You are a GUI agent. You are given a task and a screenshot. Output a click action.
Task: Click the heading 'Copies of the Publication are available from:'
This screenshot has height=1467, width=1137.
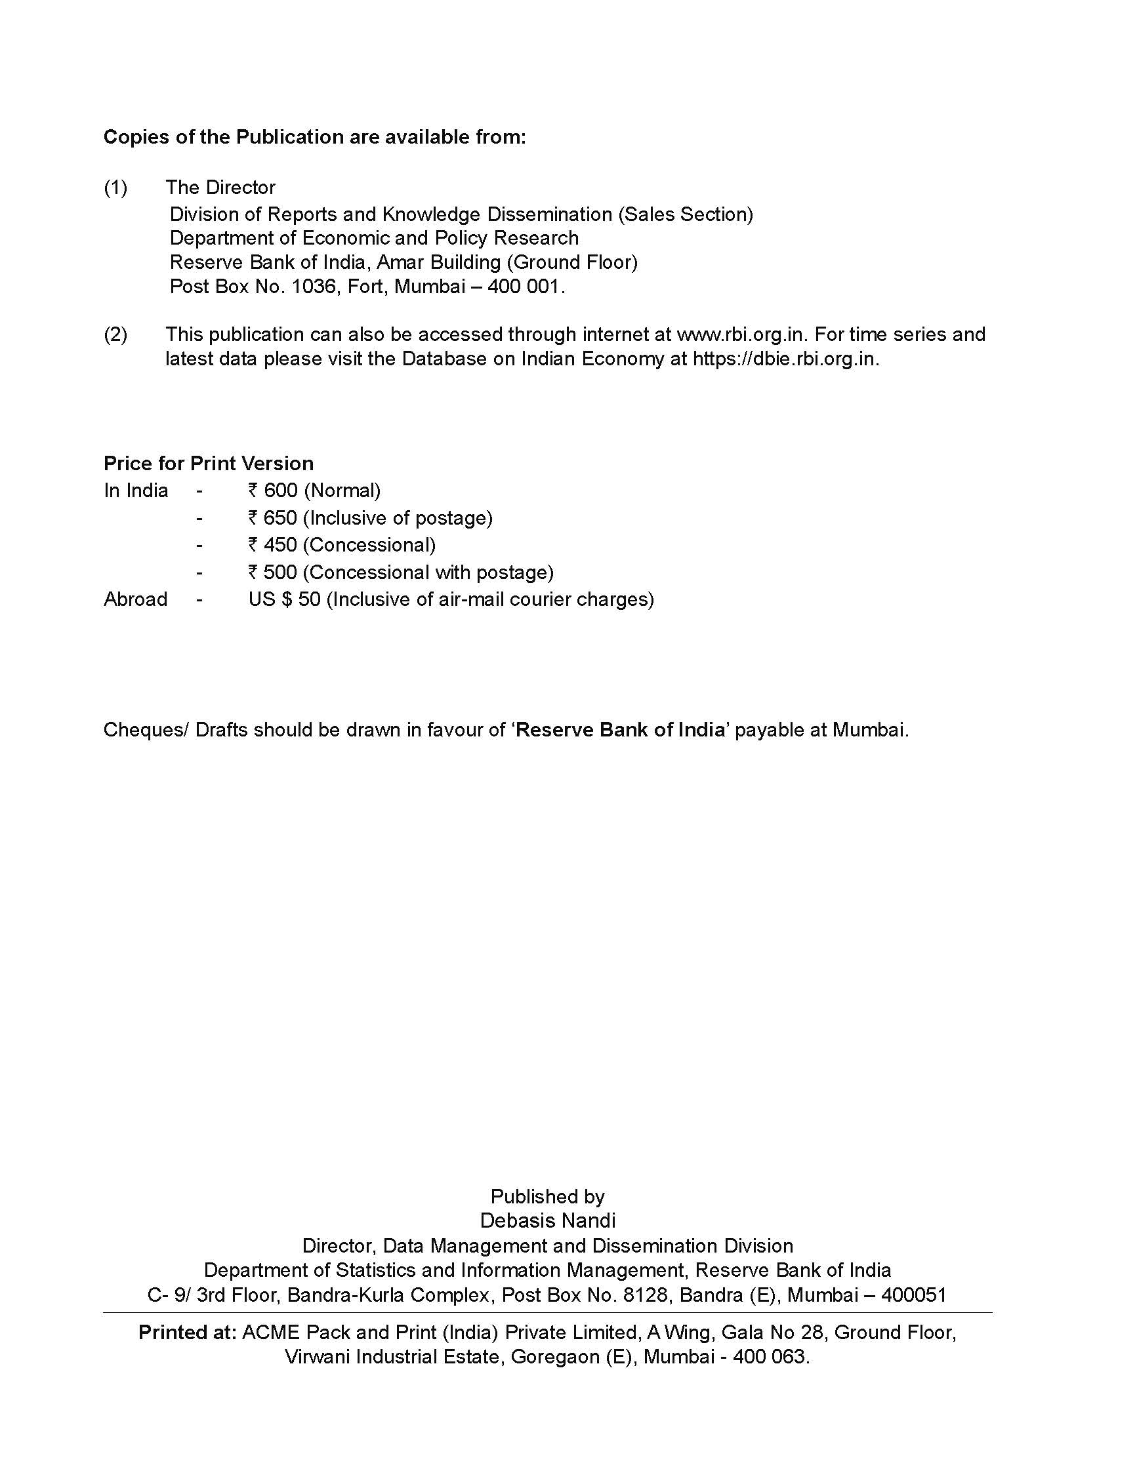coord(314,137)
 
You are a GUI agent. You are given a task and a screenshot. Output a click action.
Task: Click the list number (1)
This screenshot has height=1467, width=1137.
coord(115,188)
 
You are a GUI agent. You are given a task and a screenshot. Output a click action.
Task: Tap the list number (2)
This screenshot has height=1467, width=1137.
coord(115,334)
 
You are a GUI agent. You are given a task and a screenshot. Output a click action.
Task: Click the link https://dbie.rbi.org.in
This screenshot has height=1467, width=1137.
coord(785,359)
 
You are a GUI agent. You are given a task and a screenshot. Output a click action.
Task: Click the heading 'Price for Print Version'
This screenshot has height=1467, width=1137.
coord(209,464)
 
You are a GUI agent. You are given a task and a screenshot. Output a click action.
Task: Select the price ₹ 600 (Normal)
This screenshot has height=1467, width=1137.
coord(314,491)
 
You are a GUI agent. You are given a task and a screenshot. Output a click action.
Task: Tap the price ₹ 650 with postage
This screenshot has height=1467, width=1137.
coord(369,518)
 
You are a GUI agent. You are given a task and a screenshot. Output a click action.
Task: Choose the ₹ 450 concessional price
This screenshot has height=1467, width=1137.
coord(341,545)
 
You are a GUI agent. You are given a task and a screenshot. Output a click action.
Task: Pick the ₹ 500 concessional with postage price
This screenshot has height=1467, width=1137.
coord(400,573)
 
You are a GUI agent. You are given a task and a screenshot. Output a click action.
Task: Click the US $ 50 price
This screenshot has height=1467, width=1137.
coord(284,599)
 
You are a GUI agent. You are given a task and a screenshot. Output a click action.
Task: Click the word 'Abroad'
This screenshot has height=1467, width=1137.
coord(135,599)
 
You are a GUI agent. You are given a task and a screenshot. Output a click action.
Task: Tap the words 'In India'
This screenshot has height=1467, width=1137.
coord(135,491)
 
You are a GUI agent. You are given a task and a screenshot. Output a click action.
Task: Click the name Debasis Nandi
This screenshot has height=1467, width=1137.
coord(548,1220)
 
